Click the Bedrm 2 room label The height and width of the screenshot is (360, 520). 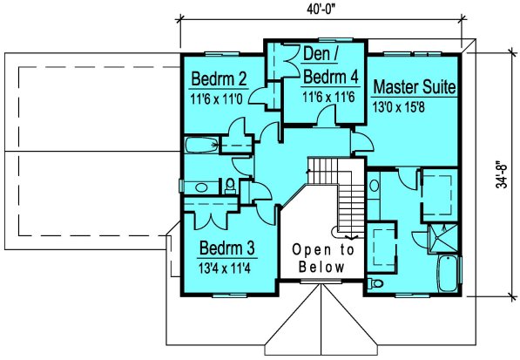pyautogui.click(x=219, y=79)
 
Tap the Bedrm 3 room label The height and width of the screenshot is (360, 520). pyautogui.click(x=226, y=248)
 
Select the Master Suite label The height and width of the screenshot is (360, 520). pyautogui.click(x=415, y=86)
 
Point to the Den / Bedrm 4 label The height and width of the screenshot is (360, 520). pyautogui.click(x=331, y=66)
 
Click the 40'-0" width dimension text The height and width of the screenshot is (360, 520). pyautogui.click(x=321, y=10)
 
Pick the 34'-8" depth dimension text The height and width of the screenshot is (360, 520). pyautogui.click(x=502, y=175)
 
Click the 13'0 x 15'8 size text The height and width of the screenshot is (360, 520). pyautogui.click(x=398, y=107)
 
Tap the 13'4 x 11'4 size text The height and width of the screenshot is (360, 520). pyautogui.click(x=225, y=268)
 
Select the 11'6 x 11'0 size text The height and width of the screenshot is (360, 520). pyautogui.click(x=217, y=98)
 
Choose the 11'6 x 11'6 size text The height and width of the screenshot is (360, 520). pyautogui.click(x=328, y=97)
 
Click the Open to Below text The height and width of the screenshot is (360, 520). pyautogui.click(x=322, y=258)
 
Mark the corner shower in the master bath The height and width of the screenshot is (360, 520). pyautogui.click(x=443, y=238)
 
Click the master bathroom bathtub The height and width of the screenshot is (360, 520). pyautogui.click(x=448, y=274)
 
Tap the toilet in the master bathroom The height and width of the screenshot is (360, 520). pyautogui.click(x=375, y=283)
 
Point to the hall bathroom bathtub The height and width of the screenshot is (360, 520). pyautogui.click(x=201, y=145)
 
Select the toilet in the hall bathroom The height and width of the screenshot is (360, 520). pyautogui.click(x=229, y=187)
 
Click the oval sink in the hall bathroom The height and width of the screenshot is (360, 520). pyautogui.click(x=201, y=187)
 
